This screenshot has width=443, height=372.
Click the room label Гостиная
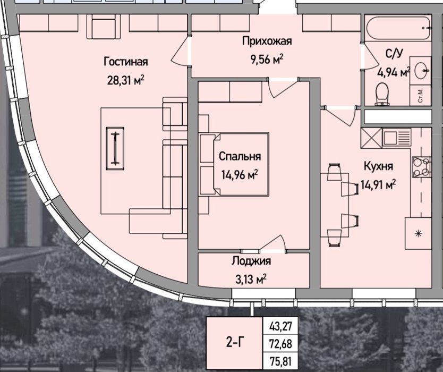tap(126, 61)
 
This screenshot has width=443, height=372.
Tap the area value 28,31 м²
tap(126, 81)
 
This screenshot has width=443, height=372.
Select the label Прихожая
tap(267, 41)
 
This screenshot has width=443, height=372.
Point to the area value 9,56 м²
tap(267, 60)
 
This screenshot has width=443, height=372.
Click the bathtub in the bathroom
tap(398, 28)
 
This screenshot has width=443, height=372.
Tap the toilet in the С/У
tap(382, 94)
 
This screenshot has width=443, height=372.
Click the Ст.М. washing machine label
tap(420, 95)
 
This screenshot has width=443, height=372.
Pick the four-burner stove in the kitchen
tap(421, 167)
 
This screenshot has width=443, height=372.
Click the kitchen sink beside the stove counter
tap(396, 138)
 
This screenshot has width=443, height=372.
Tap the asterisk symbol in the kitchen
tap(418, 233)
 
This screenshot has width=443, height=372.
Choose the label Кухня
tap(378, 166)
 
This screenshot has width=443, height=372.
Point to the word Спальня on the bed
tap(240, 156)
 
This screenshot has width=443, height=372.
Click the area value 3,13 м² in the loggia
tap(251, 280)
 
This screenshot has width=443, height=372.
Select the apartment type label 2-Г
tap(235, 343)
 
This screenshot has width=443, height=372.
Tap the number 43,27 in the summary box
tap(280, 327)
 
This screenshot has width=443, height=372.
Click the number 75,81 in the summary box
tap(280, 361)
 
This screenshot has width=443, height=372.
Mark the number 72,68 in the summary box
tap(280, 344)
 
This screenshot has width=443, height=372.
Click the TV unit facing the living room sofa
tap(115, 149)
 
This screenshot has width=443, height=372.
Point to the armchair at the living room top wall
tap(104, 26)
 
